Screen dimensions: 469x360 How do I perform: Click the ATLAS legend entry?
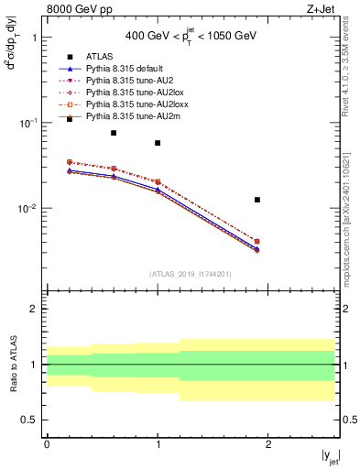tap(98, 57)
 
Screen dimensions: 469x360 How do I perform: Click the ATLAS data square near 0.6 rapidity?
tap(114, 133)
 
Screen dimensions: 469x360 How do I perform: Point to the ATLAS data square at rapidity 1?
tap(158, 143)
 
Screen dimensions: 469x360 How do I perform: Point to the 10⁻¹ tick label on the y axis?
tap(28, 123)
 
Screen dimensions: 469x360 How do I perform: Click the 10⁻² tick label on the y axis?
tap(28, 208)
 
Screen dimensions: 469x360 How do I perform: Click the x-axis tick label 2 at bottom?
tap(268, 442)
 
